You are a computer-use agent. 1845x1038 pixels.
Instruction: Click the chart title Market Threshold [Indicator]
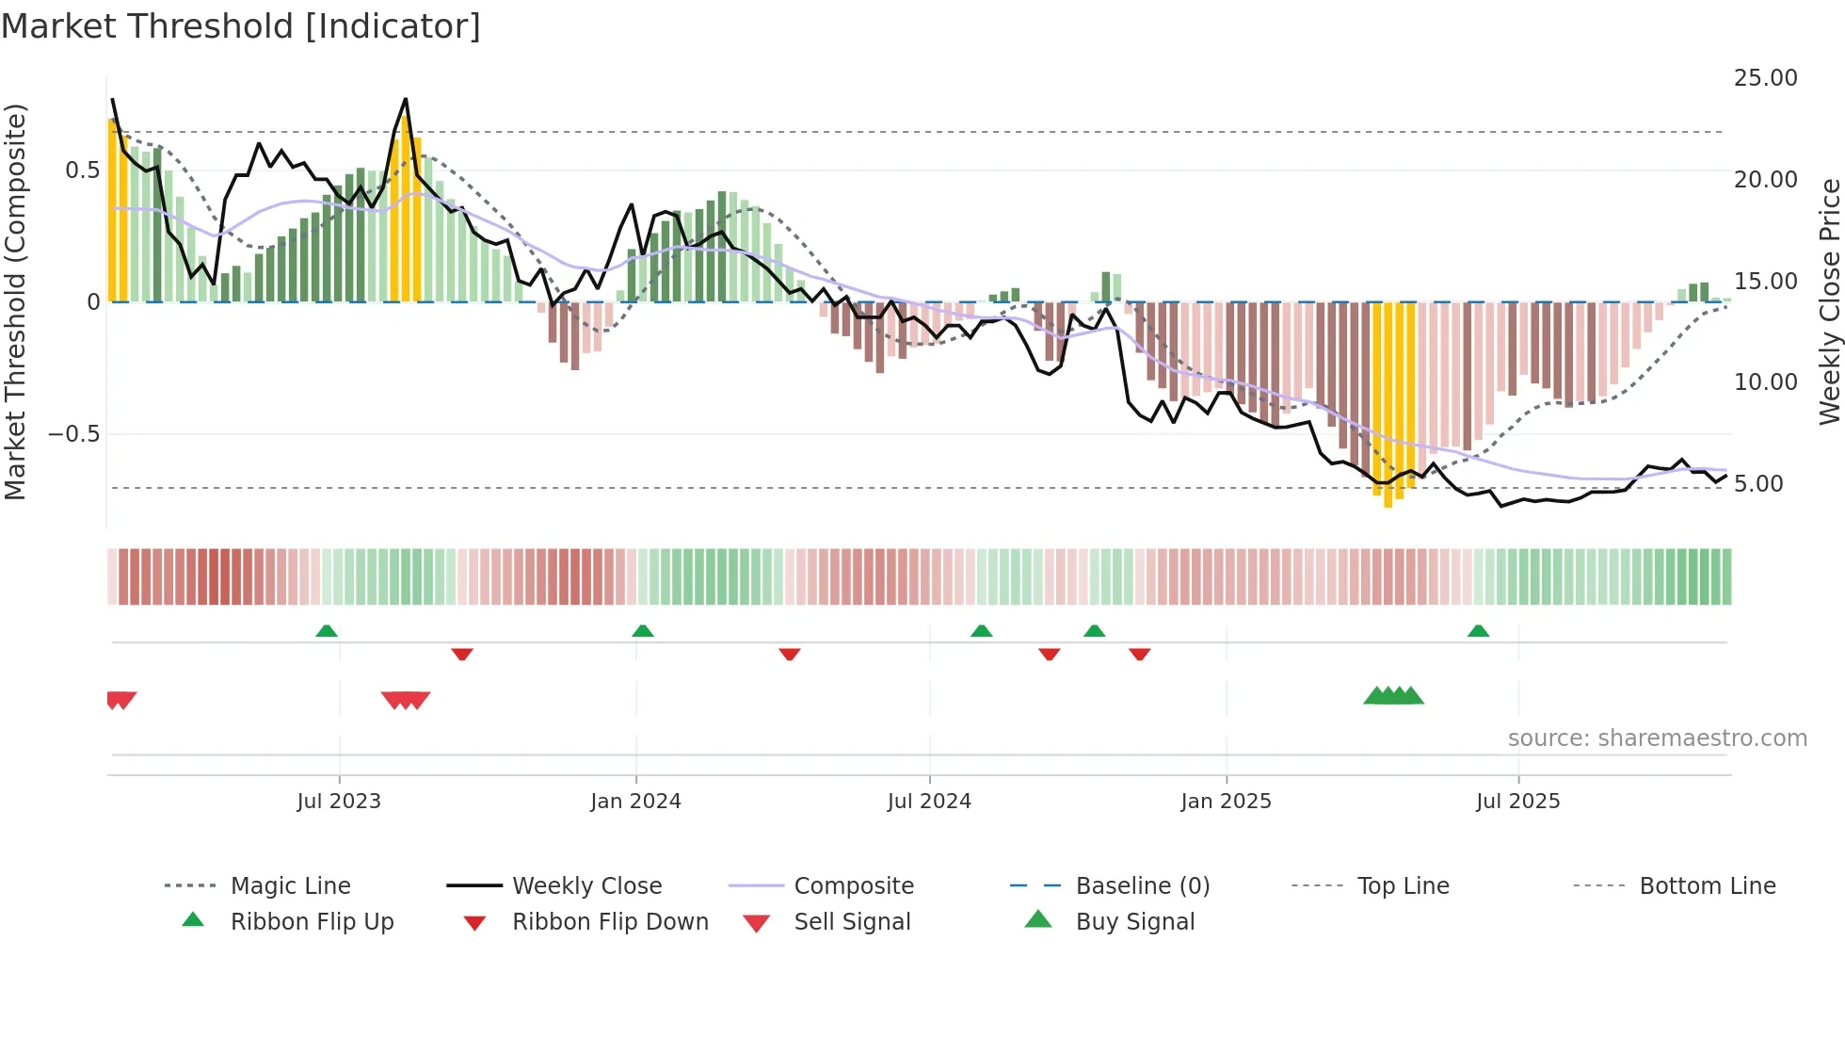point(241,26)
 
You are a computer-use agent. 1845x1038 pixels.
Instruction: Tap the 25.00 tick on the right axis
point(1765,78)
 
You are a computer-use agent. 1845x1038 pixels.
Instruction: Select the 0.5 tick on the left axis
point(82,170)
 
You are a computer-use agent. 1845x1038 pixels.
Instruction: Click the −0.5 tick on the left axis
point(74,434)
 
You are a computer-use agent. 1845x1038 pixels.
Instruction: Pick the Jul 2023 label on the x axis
point(339,802)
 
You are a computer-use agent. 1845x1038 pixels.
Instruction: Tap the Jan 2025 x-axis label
point(1226,802)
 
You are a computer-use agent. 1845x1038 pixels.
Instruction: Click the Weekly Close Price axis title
point(1829,301)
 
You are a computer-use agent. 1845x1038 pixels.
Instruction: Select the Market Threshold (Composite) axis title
point(15,301)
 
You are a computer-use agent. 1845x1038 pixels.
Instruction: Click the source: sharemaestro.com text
point(1657,738)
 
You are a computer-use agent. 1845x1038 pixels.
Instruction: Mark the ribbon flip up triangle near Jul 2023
point(327,631)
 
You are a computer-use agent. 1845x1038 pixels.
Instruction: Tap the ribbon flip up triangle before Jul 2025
point(1478,631)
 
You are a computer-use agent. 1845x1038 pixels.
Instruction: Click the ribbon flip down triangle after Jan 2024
point(790,654)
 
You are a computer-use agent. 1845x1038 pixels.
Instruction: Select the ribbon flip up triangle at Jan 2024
point(643,631)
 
